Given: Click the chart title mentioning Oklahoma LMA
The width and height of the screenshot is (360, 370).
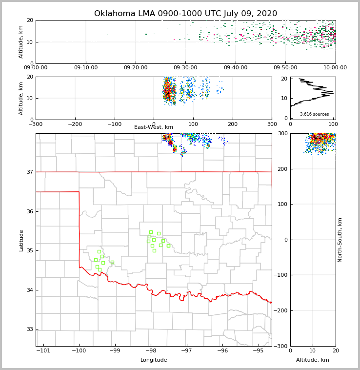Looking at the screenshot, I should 185,14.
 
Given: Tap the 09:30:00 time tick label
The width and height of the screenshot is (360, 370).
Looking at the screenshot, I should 185,68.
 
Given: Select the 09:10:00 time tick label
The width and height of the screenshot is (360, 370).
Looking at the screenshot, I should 86,68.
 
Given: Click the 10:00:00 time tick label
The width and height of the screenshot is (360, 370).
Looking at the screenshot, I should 335,68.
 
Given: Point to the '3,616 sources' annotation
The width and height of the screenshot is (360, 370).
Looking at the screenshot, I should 314,114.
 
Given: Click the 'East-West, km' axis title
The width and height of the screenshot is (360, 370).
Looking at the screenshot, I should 154,127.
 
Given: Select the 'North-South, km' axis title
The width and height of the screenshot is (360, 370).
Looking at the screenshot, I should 340,240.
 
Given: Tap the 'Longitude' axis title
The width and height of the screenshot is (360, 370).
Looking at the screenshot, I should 154,360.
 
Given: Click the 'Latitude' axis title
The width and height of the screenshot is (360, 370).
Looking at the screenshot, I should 21,240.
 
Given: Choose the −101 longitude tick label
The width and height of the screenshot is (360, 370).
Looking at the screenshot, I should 43,351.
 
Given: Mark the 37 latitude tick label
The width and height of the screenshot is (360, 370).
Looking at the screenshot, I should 29,172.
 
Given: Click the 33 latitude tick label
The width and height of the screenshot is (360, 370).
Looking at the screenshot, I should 29,329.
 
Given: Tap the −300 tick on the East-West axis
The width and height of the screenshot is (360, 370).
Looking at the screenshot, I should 36,124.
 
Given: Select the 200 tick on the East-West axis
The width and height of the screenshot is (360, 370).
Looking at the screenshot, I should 233,124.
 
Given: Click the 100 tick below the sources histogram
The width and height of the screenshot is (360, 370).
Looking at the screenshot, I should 334,124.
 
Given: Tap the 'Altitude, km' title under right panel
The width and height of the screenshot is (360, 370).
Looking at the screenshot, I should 313,360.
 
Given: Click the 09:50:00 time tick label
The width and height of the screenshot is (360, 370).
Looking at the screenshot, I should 285,68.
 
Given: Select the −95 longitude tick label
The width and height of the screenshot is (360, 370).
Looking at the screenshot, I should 258,351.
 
